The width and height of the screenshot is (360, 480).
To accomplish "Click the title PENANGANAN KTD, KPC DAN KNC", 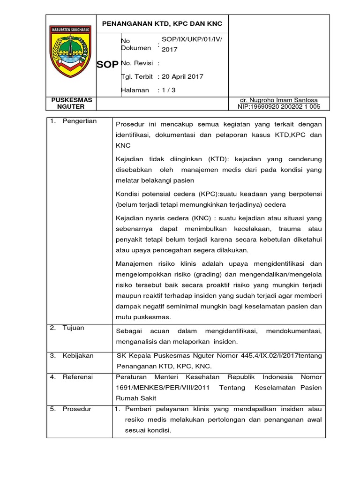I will tap(163, 23).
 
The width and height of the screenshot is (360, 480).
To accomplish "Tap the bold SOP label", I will tap(107, 65).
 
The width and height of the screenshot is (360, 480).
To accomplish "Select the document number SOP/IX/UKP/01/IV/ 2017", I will tap(191, 45).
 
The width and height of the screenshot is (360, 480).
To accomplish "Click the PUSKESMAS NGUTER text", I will tap(72, 103).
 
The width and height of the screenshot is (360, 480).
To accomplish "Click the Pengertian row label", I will tap(79, 121).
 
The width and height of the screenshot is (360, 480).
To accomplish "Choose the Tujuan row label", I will tap(73, 328).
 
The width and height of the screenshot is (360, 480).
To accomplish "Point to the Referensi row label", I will tap(78, 377).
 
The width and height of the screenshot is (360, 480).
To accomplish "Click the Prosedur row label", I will tap(77, 409).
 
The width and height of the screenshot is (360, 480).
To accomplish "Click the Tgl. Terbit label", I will tap(137, 76).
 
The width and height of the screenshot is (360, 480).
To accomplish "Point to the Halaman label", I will tap(135, 90).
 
